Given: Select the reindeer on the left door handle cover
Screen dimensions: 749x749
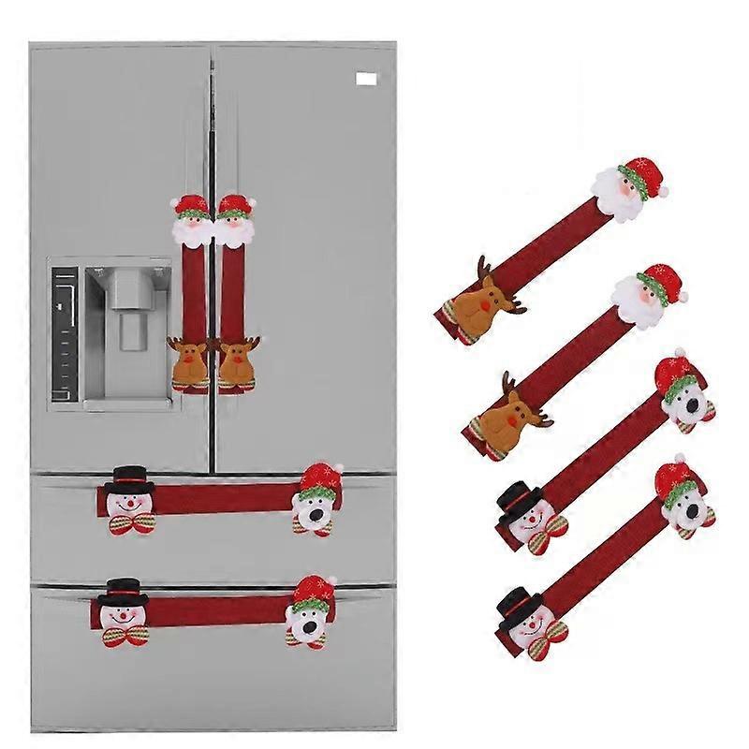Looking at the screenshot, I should [x=191, y=363].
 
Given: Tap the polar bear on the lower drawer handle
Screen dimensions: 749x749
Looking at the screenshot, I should [x=306, y=616].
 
